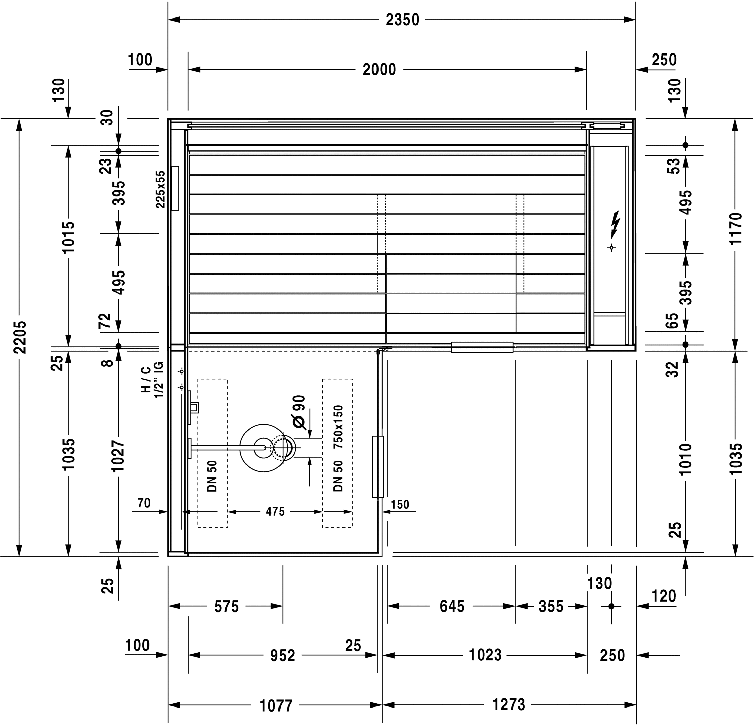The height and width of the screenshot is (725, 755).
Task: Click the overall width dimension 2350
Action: [x=402, y=20]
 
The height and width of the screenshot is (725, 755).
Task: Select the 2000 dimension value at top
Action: [x=379, y=70]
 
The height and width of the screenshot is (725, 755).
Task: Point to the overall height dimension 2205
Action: [x=20, y=337]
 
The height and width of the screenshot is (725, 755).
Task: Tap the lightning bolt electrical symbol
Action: [x=615, y=225]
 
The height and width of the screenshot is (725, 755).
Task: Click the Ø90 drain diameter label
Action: [x=299, y=412]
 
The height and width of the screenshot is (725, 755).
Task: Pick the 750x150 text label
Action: [x=338, y=427]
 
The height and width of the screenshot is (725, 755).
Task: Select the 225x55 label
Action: [x=160, y=189]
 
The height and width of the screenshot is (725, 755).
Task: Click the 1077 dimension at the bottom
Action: [x=276, y=706]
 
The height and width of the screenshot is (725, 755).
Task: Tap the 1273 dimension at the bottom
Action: [x=508, y=704]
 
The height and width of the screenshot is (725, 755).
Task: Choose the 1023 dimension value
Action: [x=485, y=655]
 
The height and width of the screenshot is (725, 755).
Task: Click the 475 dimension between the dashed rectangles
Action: [x=275, y=511]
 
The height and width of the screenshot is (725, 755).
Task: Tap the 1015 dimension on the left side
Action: [x=69, y=237]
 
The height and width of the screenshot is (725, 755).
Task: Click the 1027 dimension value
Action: [x=118, y=456]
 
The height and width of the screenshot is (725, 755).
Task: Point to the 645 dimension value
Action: [x=452, y=607]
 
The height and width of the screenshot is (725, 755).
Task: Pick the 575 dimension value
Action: [x=227, y=607]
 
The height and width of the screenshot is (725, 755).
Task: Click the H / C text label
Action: [x=145, y=380]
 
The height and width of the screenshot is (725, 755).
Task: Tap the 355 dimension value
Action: [x=551, y=607]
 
